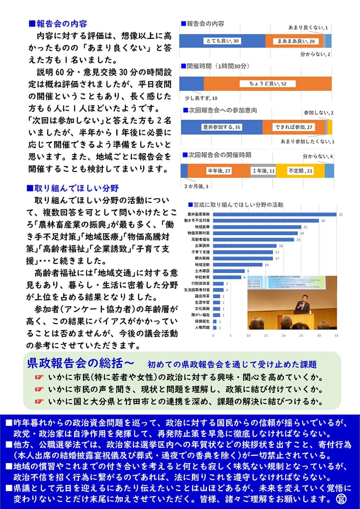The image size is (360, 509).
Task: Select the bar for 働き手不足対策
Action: pyautogui.click(x=266, y=220)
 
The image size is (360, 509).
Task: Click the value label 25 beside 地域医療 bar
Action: pyautogui.click(x=305, y=227)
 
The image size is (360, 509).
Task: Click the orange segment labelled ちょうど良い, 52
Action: pyautogui.click(x=268, y=84)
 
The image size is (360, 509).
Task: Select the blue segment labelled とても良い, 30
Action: pyautogui.click(x=222, y=41)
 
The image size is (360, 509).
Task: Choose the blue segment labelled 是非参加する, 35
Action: pyautogui.click(x=221, y=127)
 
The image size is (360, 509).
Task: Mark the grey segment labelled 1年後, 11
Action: pyautogui.click(x=263, y=170)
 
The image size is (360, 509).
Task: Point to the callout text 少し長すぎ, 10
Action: pyautogui.click(x=197, y=98)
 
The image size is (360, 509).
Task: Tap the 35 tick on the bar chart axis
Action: pyautogui.click(x=336, y=336)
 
